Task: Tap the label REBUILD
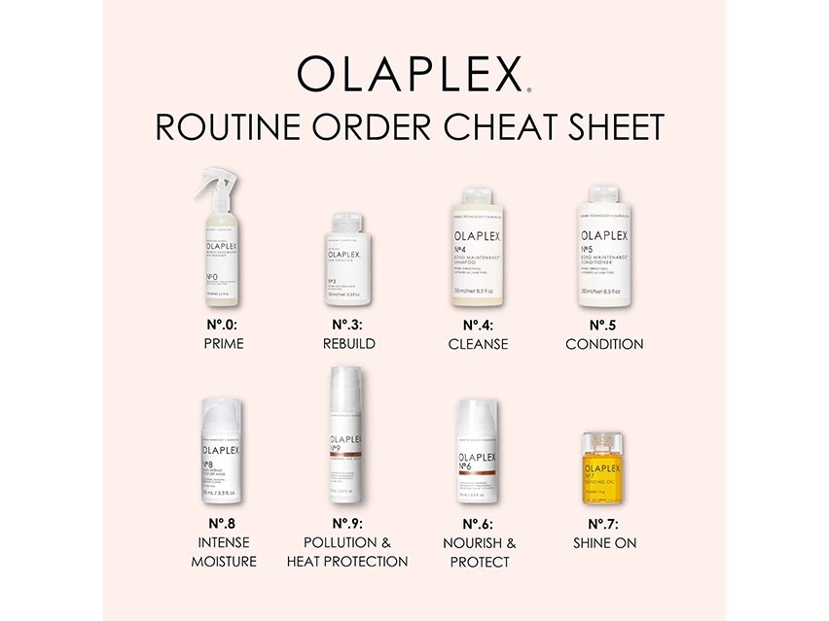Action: (349, 344)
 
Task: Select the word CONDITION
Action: (604, 344)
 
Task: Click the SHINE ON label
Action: (604, 542)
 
